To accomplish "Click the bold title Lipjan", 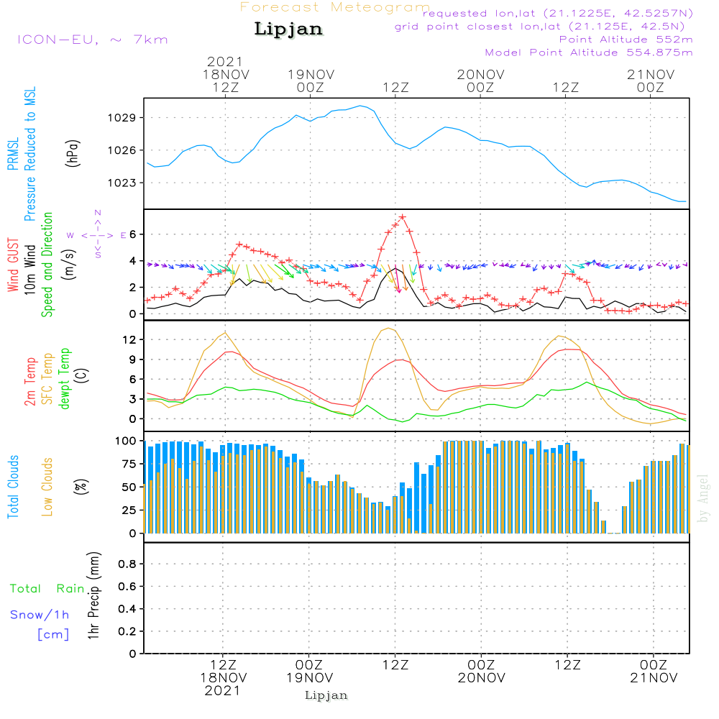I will point(288,29).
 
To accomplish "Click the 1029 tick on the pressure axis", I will point(125,117).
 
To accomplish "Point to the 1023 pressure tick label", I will point(125,183).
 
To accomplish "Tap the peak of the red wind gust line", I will point(403,216).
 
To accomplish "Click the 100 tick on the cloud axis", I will point(127,440).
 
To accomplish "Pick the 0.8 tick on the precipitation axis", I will point(127,564).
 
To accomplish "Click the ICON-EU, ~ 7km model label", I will point(92,40).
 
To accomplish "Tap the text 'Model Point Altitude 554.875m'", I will point(589,52).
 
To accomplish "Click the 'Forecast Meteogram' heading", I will point(335,7).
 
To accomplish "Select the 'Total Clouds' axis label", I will point(14,487).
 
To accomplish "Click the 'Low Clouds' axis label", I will point(48,487).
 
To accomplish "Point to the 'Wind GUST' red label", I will point(14,266).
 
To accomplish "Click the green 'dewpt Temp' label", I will point(65,379).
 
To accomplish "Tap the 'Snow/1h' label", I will point(40,615).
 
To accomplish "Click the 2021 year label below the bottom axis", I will point(222,690).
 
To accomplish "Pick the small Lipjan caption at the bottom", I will point(326,695).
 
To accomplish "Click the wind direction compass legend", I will point(98,235).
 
